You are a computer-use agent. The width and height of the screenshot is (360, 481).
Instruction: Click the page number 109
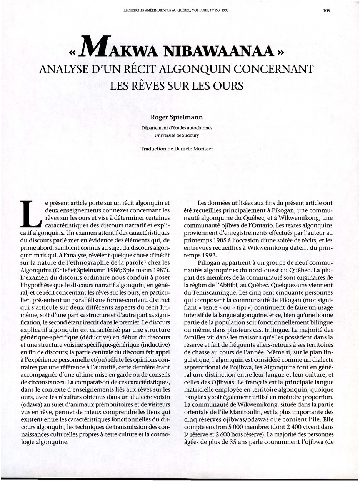click(327, 10)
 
